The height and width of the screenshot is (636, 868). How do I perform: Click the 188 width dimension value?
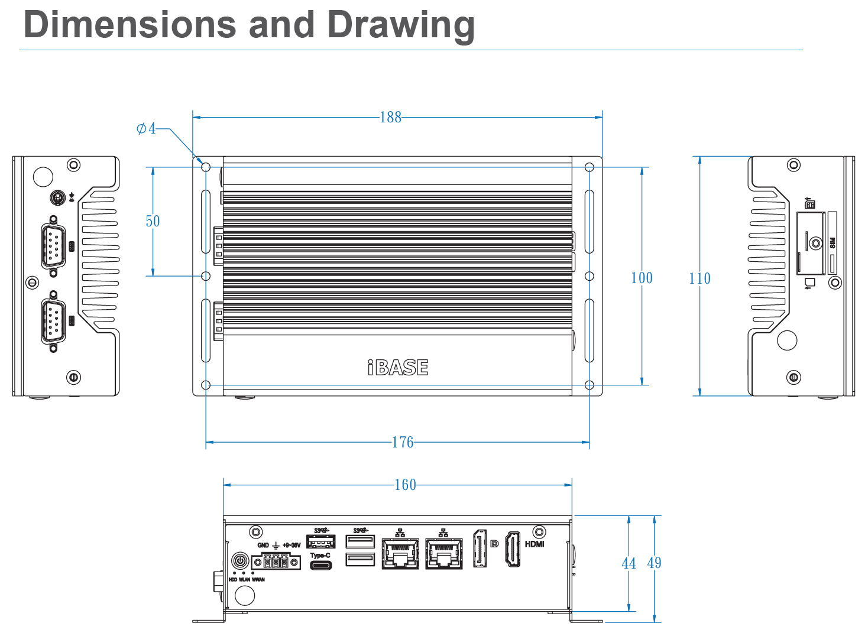click(390, 117)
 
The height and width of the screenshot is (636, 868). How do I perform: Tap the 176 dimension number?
click(402, 442)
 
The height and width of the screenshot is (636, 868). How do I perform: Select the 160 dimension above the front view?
click(405, 485)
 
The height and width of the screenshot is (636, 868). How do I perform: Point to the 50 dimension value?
click(153, 221)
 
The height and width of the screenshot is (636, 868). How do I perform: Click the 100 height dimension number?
click(642, 278)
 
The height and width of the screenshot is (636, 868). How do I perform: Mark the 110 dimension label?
click(699, 278)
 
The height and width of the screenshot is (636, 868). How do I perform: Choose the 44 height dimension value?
click(629, 563)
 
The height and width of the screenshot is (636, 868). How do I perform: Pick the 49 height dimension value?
click(654, 563)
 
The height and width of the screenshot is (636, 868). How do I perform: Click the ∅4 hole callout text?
click(146, 128)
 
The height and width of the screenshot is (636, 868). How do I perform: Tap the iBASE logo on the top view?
click(398, 368)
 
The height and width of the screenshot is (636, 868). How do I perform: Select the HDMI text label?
click(535, 544)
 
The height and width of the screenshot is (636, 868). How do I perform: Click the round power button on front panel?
click(240, 560)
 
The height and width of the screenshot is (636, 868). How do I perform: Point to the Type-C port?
click(320, 566)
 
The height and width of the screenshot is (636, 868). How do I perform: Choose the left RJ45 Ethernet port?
click(400, 553)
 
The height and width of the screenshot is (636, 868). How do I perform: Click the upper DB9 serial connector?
click(53, 244)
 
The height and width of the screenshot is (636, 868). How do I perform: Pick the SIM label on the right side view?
click(833, 242)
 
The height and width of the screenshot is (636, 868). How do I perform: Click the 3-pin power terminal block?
click(276, 562)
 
